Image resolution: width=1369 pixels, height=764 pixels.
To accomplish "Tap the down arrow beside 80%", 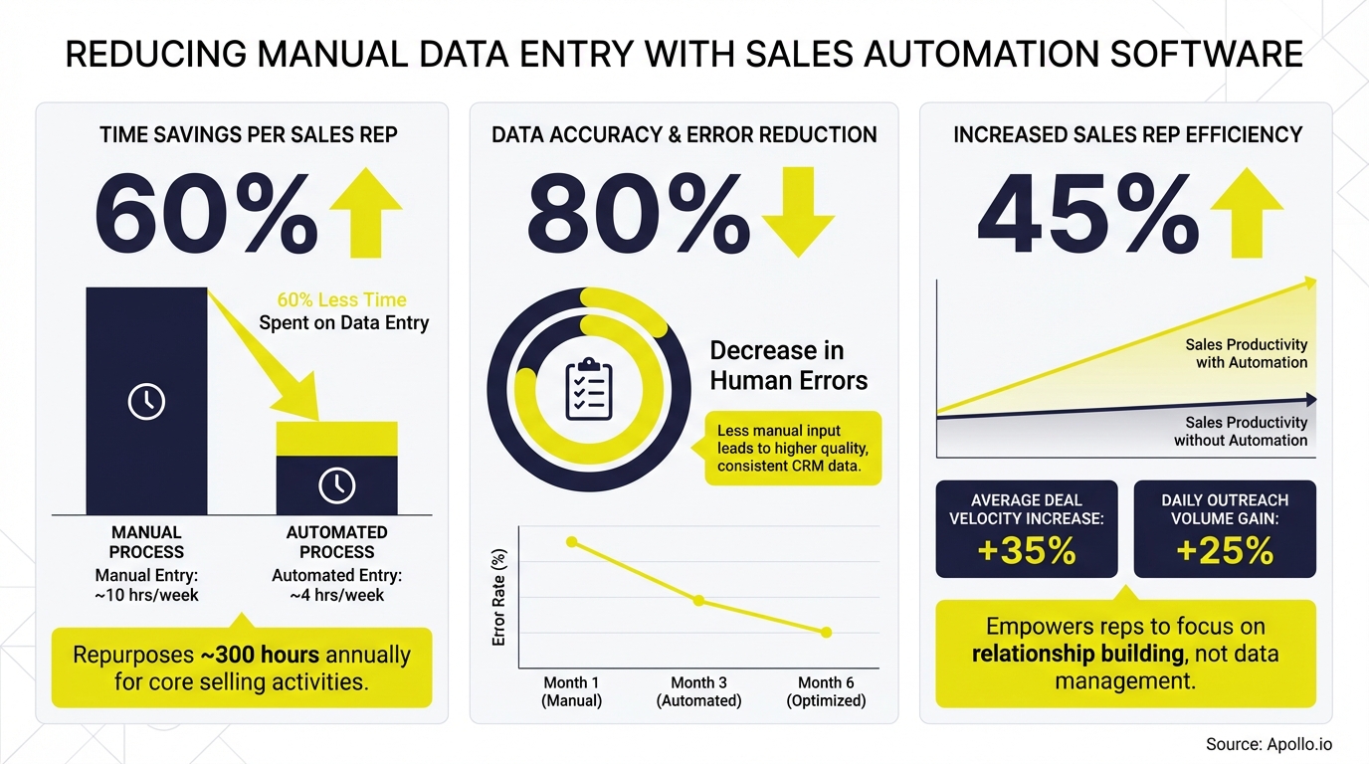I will (x=796, y=212).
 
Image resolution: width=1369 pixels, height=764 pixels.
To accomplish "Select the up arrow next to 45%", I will (x=1246, y=212).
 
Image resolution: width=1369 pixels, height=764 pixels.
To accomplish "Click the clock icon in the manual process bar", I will (x=147, y=401).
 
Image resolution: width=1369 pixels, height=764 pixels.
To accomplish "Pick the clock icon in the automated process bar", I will (x=336, y=484).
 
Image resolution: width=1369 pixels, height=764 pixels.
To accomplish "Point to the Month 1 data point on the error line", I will (x=572, y=542).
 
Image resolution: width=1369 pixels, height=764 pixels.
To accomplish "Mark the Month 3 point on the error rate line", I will (x=698, y=601).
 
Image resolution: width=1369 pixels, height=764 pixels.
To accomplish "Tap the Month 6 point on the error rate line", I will (x=826, y=633).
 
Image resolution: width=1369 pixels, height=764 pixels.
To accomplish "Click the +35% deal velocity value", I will (x=1027, y=550).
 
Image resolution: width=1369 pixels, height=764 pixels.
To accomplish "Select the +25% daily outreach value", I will (x=1225, y=550).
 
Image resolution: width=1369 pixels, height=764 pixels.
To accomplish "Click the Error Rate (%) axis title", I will (x=500, y=597).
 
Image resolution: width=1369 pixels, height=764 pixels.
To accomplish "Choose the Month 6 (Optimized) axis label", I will (x=826, y=691).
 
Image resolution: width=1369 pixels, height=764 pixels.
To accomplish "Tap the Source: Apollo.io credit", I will (x=1269, y=744).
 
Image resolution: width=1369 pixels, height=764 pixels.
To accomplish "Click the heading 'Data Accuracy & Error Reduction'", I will (x=684, y=134).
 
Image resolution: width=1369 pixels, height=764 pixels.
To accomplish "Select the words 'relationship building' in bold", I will (x=1077, y=655).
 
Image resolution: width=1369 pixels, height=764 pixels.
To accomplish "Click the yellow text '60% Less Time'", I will (x=341, y=299).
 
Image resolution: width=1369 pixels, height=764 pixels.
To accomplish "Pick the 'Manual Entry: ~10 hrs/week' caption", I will (x=146, y=585).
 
